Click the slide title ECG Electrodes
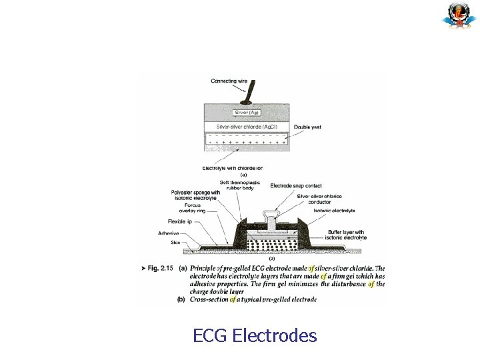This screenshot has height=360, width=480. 255,335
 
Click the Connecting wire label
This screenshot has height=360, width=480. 229,81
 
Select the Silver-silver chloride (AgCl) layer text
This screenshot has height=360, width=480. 247,127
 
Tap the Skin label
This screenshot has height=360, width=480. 175,243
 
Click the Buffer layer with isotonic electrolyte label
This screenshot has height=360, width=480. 343,234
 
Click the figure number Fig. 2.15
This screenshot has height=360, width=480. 158,268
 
